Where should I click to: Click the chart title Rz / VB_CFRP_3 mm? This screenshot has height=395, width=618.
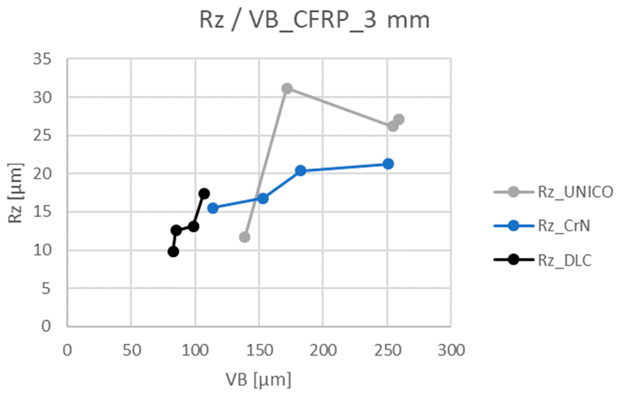(x=314, y=21)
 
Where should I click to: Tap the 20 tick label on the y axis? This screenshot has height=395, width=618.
(x=42, y=174)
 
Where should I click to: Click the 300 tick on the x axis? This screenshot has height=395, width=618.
(x=451, y=350)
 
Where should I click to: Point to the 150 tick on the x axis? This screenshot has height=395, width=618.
(x=259, y=350)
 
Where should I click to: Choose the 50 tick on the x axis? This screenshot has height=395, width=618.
(x=132, y=350)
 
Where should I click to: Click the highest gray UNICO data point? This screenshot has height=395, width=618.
(x=287, y=89)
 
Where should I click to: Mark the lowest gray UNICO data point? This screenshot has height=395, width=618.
(x=245, y=237)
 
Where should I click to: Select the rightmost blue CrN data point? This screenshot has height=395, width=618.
(x=388, y=164)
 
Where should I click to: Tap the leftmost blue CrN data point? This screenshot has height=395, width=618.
(x=213, y=208)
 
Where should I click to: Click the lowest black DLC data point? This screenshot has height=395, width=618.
(x=174, y=252)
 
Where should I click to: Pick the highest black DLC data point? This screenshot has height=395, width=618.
(x=204, y=193)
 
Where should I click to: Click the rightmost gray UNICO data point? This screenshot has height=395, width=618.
(x=399, y=119)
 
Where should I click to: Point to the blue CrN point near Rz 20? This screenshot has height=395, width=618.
(x=301, y=170)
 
